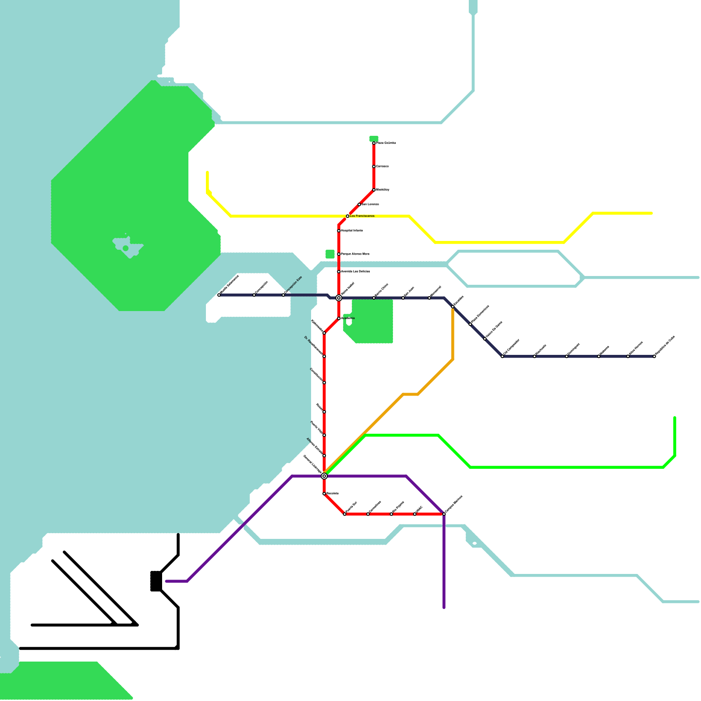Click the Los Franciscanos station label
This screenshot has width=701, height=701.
tap(362, 216)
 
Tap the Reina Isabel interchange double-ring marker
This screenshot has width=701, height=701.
tap(339, 298)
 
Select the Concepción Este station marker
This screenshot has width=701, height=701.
tap(283, 295)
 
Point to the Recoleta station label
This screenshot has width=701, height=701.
tap(333, 493)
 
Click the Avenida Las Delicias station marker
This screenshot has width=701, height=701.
tap(339, 272)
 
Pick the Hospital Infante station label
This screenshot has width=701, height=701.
tap(352, 230)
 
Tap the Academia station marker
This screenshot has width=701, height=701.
tap(339, 319)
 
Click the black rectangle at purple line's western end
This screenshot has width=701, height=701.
tap(156, 581)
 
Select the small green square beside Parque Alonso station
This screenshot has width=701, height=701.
tap(330, 254)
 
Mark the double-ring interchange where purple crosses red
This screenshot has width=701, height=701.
tap(324, 476)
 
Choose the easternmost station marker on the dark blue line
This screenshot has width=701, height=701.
tap(654, 357)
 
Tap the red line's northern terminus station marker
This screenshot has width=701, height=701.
tap(374, 143)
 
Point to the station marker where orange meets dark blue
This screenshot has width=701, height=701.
tap(453, 307)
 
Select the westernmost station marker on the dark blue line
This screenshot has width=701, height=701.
tap(219, 295)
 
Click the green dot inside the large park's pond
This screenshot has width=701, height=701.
tap(126, 248)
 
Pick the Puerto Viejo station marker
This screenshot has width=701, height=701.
tap(324, 435)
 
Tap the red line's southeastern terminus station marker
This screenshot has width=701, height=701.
tap(444, 514)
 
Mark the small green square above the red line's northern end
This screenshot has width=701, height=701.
tap(374, 138)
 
